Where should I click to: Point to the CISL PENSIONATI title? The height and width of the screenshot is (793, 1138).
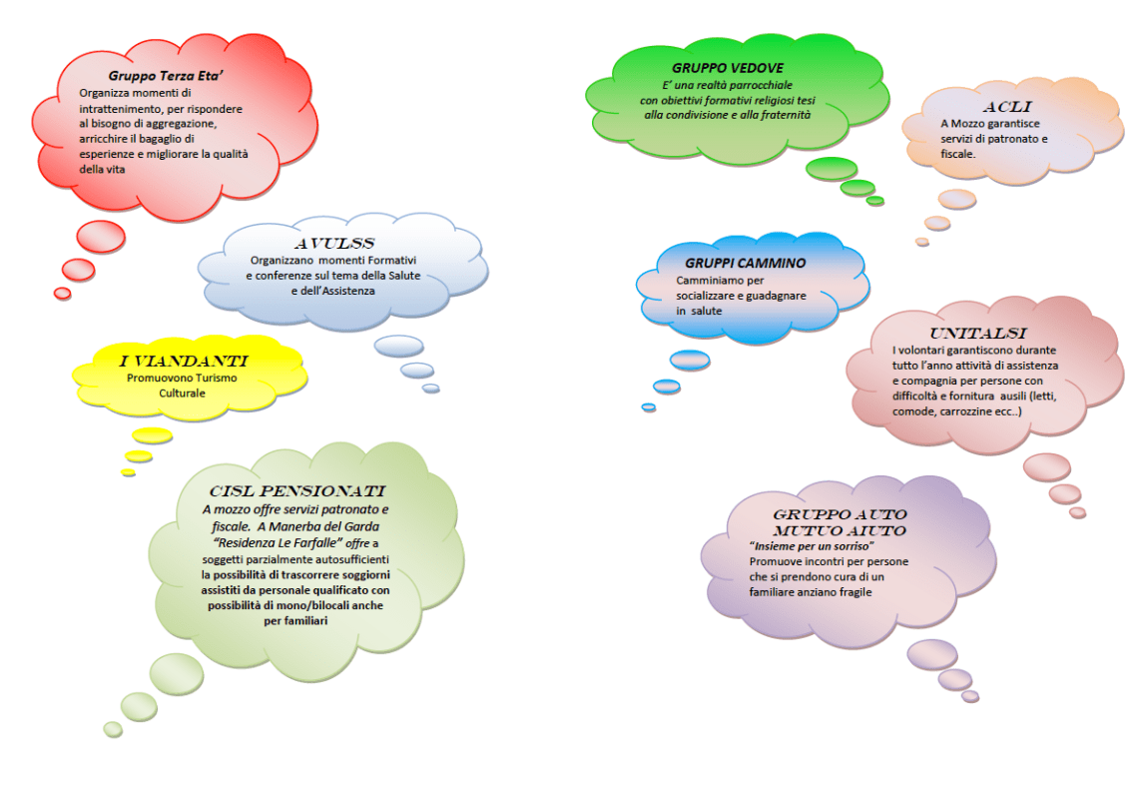click(297, 491)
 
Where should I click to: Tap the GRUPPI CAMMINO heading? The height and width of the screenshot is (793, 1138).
click(745, 263)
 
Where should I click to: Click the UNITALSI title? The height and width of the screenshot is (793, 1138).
click(978, 333)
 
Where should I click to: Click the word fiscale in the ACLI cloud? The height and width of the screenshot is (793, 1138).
click(959, 155)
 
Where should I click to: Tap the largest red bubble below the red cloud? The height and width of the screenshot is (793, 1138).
click(101, 236)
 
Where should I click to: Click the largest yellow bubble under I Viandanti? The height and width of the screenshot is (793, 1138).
click(152, 434)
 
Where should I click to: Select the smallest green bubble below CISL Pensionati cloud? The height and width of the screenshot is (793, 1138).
click(113, 729)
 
